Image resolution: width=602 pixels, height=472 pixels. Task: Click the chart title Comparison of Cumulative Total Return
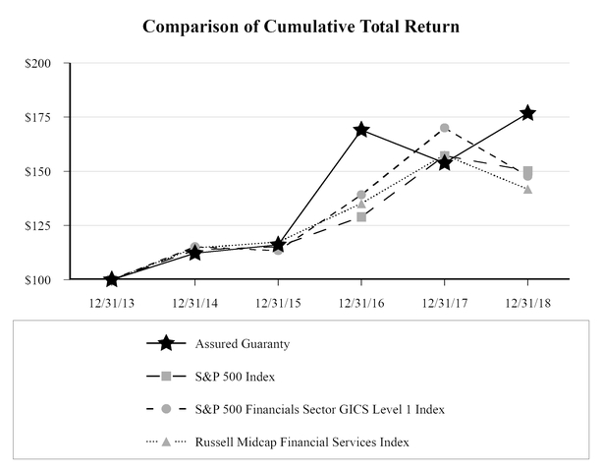[x=301, y=26]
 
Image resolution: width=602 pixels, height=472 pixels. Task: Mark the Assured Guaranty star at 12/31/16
[x=361, y=130]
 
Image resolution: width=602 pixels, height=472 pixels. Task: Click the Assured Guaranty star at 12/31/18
[x=528, y=113]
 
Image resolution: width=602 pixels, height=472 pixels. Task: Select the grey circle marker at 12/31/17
[x=445, y=128]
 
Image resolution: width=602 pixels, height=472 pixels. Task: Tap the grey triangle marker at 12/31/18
[x=528, y=189]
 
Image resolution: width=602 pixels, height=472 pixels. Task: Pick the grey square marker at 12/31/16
[x=361, y=216]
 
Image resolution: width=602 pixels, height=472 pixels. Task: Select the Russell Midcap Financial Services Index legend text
[x=301, y=442]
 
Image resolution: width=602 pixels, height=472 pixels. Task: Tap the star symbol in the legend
[x=166, y=343]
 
